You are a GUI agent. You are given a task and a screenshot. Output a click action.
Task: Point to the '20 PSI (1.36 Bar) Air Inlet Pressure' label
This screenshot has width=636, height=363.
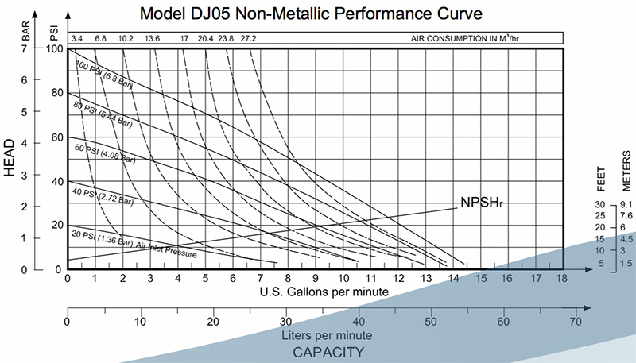[x=133, y=242]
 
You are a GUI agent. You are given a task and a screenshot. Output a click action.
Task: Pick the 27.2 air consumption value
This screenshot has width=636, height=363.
[x=248, y=37]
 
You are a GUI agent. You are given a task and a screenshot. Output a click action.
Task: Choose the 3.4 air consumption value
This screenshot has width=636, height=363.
[x=77, y=37]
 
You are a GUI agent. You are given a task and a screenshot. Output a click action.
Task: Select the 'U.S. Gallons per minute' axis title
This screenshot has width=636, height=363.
[x=324, y=292]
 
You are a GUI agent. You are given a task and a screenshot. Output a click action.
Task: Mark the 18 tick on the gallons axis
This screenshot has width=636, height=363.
[x=563, y=279]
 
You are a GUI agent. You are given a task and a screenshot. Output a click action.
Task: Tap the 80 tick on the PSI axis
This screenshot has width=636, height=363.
[x=56, y=93]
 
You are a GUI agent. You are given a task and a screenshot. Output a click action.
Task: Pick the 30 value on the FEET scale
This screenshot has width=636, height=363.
[x=601, y=205]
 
